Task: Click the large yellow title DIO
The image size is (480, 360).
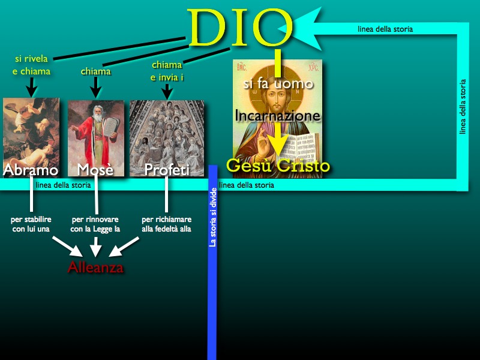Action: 239,28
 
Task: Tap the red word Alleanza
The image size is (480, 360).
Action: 95,267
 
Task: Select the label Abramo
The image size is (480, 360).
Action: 31,170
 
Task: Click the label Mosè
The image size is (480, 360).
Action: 95,169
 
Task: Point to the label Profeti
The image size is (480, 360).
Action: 167,170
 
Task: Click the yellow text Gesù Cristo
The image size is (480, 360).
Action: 278,166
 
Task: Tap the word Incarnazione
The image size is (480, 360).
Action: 277,116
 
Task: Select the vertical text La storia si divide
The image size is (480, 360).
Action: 213,217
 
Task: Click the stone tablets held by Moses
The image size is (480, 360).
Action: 110,126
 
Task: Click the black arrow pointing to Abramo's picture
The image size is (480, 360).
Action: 32,87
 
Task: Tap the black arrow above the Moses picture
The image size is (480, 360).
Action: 95,88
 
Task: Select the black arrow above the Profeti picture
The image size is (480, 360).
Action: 167,92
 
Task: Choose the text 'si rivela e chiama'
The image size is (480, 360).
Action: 31,65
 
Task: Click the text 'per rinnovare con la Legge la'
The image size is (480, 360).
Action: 95,224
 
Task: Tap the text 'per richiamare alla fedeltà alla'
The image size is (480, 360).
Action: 167,224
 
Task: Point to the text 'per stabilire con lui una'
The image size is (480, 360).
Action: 31,224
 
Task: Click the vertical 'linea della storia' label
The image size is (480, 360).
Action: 463,107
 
